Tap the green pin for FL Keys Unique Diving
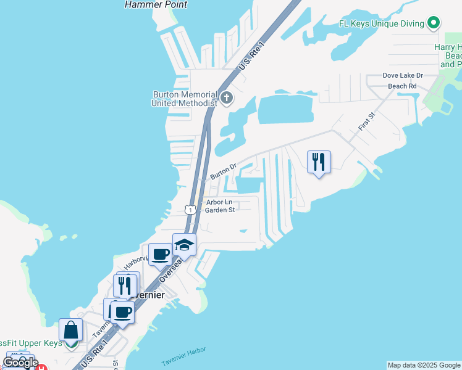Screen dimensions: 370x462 (x=434, y=23)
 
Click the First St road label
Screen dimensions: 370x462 (x=366, y=120)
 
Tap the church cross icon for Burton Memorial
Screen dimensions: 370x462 (x=227, y=97)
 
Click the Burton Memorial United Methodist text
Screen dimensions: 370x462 (x=184, y=99)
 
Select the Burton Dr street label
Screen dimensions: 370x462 (x=223, y=171)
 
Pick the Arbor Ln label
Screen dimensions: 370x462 (x=219, y=202)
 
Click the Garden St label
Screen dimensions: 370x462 (x=220, y=210)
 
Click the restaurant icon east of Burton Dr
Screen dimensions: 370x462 (x=319, y=162)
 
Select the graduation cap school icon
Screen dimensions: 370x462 (x=184, y=245)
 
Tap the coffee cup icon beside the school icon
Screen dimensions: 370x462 (x=161, y=253)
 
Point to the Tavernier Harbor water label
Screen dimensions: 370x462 (x=183, y=357)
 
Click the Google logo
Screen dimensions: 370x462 (x=20, y=363)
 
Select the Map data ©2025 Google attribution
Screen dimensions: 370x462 (x=424, y=365)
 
